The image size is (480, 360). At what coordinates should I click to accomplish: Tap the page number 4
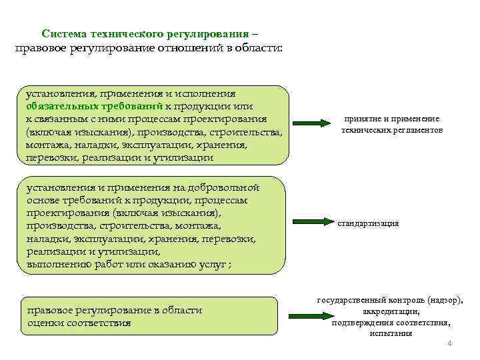(x=449, y=343)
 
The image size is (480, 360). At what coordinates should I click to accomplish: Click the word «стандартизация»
(x=368, y=223)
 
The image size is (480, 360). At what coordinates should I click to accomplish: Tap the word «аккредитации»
(x=391, y=311)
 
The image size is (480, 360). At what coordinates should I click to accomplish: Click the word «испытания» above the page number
(x=391, y=333)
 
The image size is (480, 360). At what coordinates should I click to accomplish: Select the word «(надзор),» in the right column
(x=443, y=301)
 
